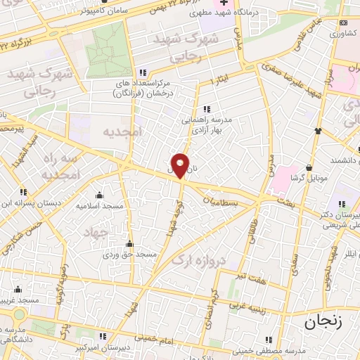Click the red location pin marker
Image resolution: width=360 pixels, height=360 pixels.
point(181,165)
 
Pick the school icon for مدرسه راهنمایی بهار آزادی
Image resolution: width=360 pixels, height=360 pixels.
point(207,109)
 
